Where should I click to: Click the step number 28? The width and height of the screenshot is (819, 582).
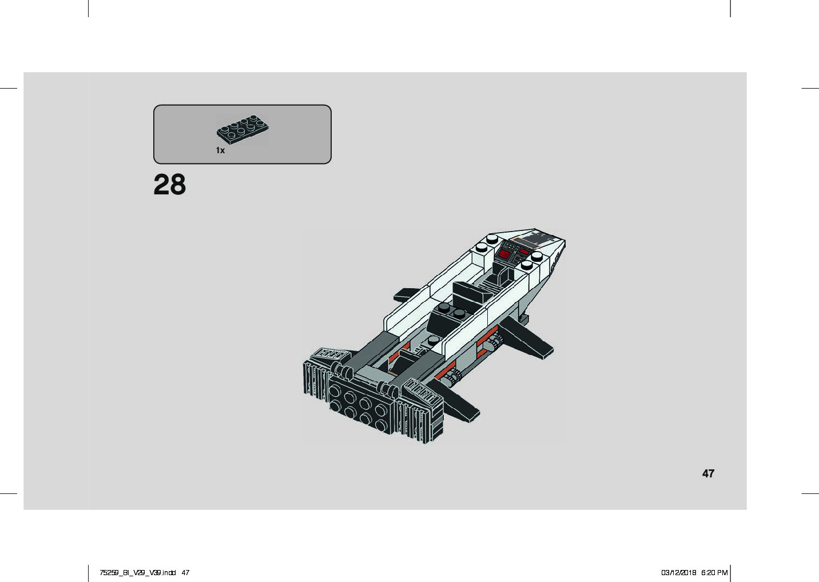point(169,185)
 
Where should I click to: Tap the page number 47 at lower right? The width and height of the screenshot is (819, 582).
point(708,473)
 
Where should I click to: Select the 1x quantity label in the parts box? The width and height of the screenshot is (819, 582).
point(220,150)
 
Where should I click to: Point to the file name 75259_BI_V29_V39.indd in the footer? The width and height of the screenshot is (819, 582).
point(137,572)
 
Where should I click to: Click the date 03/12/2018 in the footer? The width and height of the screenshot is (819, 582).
point(678,572)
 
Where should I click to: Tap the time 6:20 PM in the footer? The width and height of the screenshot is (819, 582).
point(714,572)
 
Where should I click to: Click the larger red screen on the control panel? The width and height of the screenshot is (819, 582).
point(506,254)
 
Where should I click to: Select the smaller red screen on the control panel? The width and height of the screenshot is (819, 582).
point(524,252)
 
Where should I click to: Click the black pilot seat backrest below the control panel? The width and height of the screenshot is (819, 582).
point(503,273)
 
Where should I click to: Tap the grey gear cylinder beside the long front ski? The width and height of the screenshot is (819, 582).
point(493,344)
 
